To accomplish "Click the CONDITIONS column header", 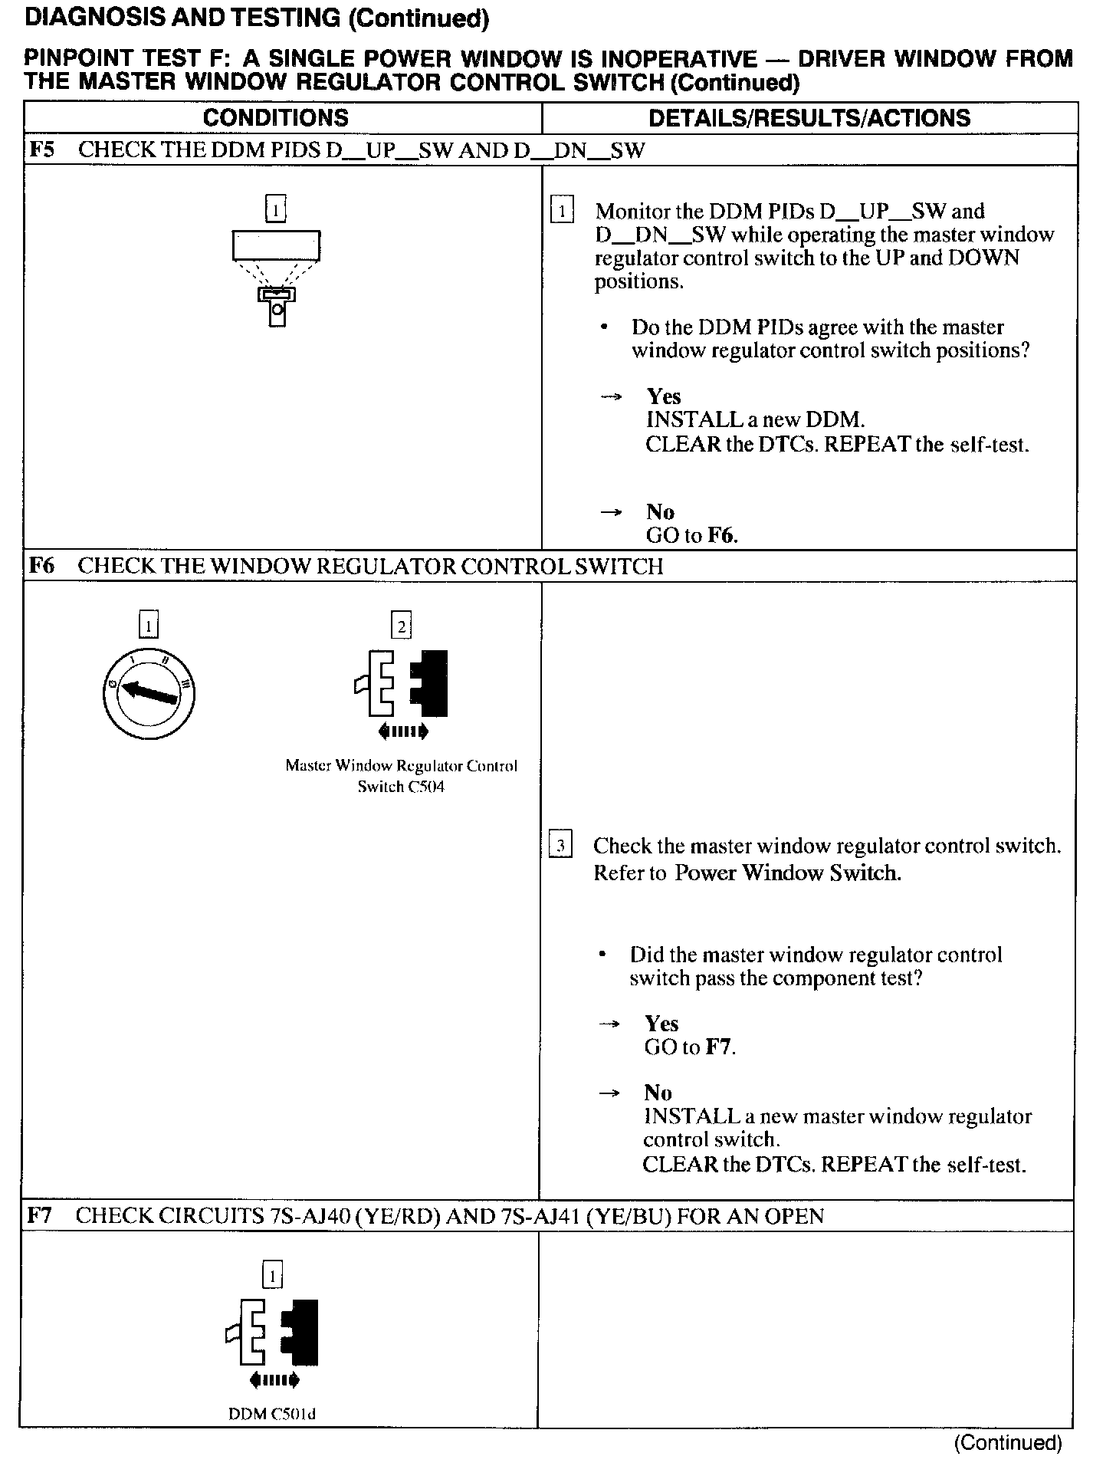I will click(x=275, y=118).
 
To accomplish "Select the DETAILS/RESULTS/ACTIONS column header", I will click(x=809, y=118).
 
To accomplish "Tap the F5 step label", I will click(x=41, y=150).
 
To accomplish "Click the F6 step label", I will click(x=41, y=566).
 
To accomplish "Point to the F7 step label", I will click(x=40, y=1215).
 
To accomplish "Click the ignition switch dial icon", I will click(x=149, y=693).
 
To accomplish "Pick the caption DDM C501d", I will click(x=272, y=1414).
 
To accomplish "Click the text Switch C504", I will click(x=401, y=787).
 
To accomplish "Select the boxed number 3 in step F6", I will click(x=560, y=846).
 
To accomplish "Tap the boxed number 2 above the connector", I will click(x=402, y=626).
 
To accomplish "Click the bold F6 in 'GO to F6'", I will click(x=720, y=535).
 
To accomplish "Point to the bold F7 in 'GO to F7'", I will click(x=719, y=1047).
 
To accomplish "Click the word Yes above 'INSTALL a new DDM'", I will click(x=664, y=396).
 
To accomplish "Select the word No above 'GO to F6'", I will click(x=660, y=511).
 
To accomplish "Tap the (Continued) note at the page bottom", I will click(x=1008, y=1442).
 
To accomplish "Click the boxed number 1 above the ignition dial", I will click(x=149, y=626).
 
